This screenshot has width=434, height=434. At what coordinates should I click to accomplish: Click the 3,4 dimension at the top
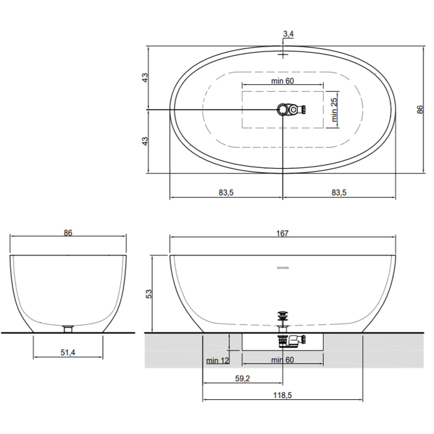click(288, 34)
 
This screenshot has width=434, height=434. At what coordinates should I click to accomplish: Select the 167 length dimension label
click(282, 233)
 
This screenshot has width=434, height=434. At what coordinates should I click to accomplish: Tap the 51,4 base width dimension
click(68, 353)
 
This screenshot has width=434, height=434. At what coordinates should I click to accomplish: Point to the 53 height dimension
click(149, 294)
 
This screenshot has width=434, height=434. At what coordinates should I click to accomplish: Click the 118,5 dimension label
click(282, 395)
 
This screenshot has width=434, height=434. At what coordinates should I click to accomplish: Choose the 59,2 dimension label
click(242, 379)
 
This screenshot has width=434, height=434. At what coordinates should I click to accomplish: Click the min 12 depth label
click(218, 361)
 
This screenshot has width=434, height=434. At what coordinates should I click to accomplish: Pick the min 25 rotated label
click(334, 109)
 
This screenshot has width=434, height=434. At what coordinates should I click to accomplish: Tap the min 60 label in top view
click(282, 81)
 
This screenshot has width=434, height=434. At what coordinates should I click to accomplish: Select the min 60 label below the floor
click(282, 360)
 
